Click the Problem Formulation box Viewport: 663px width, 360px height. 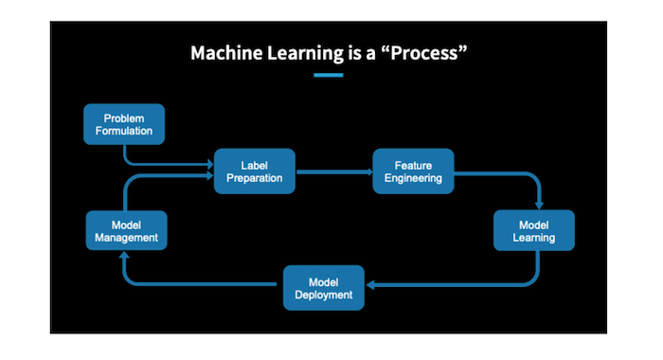(x=124, y=124)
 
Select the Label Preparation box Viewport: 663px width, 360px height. (x=255, y=171)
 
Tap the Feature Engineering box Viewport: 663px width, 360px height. (x=412, y=171)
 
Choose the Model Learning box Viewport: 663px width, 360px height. (x=534, y=230)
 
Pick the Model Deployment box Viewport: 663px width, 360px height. (x=324, y=288)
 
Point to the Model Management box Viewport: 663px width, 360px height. (x=126, y=230)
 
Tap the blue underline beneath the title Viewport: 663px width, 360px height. (x=328, y=74)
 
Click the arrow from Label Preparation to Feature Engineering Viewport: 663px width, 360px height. (x=333, y=172)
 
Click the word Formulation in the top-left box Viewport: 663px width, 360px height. (x=124, y=131)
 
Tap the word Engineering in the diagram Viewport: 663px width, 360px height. (x=412, y=178)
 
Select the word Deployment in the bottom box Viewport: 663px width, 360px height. (x=324, y=295)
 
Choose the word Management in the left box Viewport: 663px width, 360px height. (x=126, y=237)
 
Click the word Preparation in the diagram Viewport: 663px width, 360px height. (x=255, y=178)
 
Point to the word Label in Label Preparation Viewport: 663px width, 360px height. (x=255, y=165)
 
